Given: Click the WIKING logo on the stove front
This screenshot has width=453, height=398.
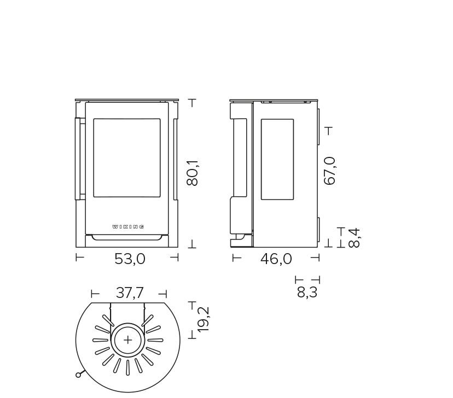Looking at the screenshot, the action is [x=128, y=227].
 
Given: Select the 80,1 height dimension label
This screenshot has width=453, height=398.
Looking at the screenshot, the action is [x=193, y=173].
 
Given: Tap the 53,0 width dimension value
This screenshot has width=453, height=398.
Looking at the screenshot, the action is [x=130, y=259].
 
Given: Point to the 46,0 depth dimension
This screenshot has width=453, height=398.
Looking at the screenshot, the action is [x=276, y=259].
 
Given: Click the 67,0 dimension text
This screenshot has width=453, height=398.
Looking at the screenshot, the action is [x=330, y=171].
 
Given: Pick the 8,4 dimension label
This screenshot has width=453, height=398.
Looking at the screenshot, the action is [x=354, y=238].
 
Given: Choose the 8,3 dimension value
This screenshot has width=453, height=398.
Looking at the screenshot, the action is [x=307, y=292].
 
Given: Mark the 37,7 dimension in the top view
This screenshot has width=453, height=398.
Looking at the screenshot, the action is [x=130, y=293].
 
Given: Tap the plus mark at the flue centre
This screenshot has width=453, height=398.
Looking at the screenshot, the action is [x=127, y=340].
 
